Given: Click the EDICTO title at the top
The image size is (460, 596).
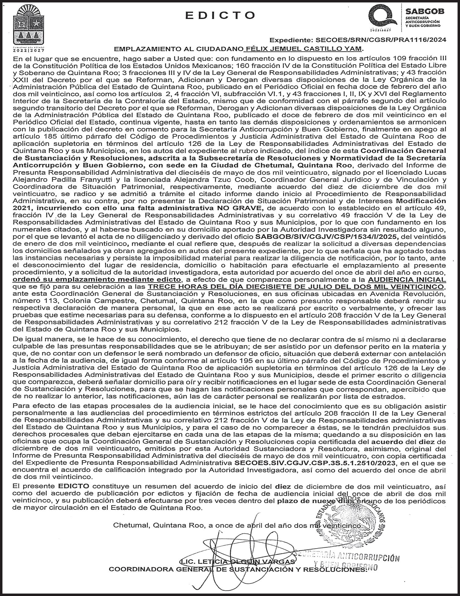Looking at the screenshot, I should (x=220, y=15).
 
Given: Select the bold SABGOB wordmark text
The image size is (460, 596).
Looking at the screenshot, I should (x=425, y=12).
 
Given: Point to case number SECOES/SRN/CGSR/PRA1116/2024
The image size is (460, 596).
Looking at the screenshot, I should (x=381, y=40).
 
